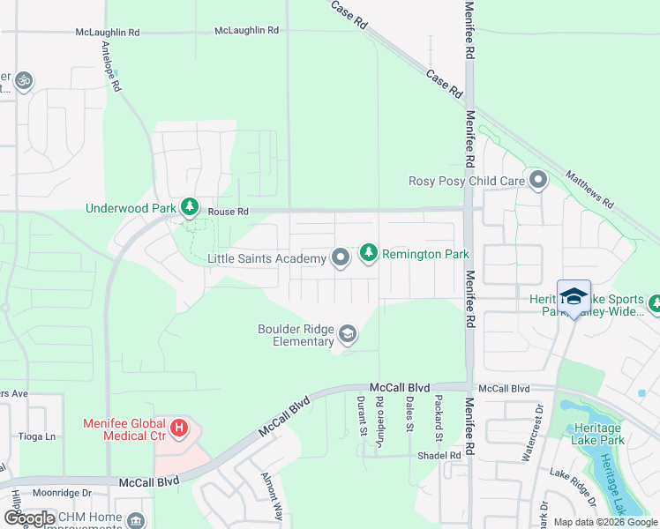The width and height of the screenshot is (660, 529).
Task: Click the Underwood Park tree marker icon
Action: click(189, 208)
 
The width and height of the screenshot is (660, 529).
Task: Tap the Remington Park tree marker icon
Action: click(368, 254)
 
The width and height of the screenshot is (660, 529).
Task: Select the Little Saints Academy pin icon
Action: click(341, 258)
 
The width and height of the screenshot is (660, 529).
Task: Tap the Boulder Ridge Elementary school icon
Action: click(348, 334)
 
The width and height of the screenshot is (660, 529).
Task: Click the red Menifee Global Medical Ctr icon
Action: click(179, 429)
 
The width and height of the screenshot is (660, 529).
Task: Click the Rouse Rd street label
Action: click(229, 212)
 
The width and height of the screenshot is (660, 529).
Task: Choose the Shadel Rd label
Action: click(441, 456)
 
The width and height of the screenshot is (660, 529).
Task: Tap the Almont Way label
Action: click(272, 495)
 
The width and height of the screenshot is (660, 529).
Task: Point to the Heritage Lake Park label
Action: click(596, 434)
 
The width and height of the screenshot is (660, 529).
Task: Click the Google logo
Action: click(30, 518)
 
